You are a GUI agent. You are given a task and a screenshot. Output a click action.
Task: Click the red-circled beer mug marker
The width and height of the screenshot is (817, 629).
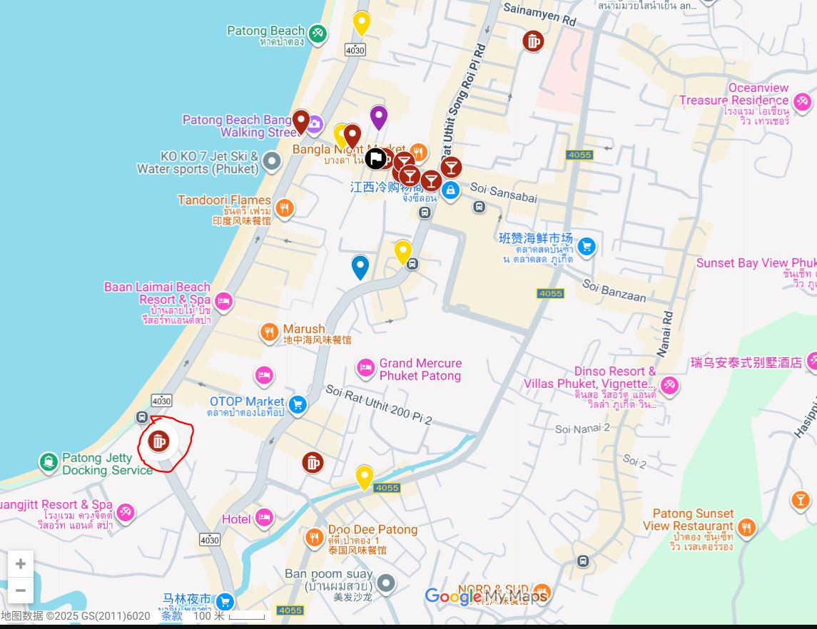[158, 441]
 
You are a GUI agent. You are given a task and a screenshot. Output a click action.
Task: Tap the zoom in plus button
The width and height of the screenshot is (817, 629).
[21, 564]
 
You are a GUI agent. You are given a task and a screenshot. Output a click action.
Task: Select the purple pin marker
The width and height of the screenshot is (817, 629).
[378, 116]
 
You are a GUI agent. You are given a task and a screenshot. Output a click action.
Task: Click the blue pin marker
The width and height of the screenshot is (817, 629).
[360, 266]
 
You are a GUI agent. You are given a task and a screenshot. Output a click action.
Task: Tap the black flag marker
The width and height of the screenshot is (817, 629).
[375, 158]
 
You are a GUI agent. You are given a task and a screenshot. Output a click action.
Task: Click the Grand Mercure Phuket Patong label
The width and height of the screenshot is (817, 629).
[420, 369]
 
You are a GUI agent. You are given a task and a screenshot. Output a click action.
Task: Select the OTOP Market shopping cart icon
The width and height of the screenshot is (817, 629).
[298, 405]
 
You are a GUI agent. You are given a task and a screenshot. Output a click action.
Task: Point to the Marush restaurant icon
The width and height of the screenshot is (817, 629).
[269, 332]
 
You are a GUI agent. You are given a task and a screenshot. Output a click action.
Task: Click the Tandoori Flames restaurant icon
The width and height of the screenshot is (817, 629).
[284, 208]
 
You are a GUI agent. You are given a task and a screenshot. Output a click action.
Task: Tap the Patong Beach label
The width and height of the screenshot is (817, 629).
[265, 31]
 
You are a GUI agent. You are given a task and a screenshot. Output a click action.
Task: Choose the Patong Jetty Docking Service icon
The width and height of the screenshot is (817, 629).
[49, 462]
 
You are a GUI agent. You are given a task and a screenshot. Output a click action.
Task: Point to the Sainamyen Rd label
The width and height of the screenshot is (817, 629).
[539, 13]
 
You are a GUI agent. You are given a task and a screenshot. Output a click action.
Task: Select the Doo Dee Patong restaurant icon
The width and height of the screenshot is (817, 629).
[314, 537]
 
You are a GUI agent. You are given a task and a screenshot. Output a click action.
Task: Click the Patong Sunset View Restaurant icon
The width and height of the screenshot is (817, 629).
[746, 528]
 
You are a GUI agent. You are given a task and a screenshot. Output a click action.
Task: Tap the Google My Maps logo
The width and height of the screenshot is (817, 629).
[486, 596]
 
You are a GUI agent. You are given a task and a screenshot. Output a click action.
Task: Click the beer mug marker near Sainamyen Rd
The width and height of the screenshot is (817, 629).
[532, 41]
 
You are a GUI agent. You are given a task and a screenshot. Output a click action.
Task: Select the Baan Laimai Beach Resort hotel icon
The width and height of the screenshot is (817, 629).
[223, 302]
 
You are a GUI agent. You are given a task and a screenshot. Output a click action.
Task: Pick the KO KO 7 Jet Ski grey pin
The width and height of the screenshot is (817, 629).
[271, 161]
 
